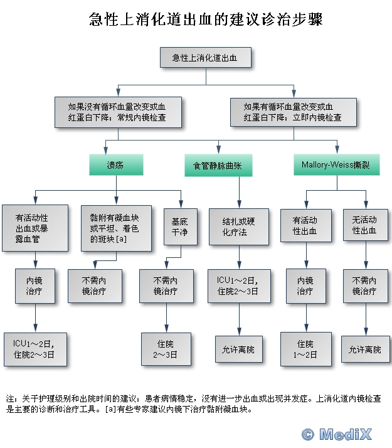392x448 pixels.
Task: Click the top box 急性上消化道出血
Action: [206, 58]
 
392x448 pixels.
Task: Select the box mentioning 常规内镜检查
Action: [118, 112]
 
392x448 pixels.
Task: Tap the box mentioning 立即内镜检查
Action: [294, 112]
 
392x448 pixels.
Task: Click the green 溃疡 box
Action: [116, 164]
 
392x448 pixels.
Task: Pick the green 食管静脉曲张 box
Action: [218, 165]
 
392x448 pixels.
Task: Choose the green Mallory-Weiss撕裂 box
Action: [337, 164]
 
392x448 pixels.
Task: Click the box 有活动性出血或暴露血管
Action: [35, 228]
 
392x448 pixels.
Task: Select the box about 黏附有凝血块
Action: [116, 228]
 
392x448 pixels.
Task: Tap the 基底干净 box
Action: [181, 227]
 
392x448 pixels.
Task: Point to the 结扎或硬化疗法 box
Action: [239, 227]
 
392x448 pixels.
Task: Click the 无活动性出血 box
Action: [366, 225]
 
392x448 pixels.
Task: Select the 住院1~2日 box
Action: [306, 349]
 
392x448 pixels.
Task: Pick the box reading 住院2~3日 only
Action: [166, 349]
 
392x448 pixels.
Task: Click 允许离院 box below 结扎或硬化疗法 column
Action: [239, 349]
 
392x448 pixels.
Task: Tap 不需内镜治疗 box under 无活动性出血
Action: [366, 286]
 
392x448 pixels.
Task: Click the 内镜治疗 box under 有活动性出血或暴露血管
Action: [35, 286]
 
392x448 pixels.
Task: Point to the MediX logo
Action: [337, 435]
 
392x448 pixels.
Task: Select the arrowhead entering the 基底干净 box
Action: [181, 205]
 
